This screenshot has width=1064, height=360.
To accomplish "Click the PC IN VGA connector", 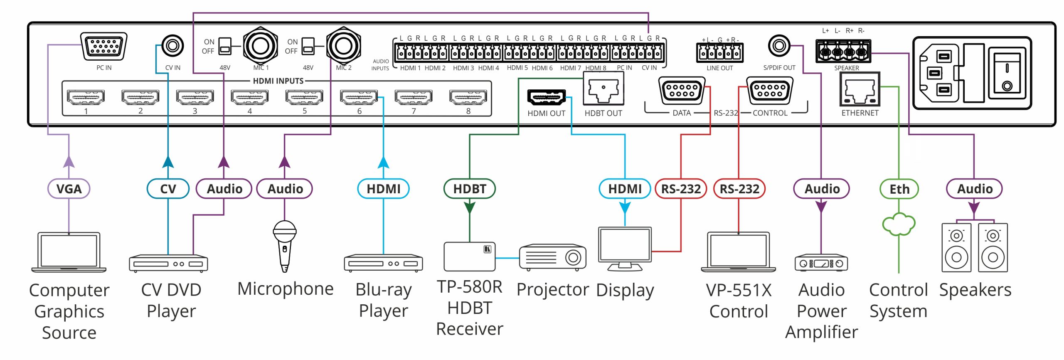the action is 104,47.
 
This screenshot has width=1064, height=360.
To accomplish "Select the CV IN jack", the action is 172,45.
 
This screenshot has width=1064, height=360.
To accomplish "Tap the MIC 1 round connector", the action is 261,46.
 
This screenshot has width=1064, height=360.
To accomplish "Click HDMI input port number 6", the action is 359,97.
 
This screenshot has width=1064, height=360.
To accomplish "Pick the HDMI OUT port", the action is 546,97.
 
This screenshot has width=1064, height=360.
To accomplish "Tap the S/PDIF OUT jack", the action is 779,46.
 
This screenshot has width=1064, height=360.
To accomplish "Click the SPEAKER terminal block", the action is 843,52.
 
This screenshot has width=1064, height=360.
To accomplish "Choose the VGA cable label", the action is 69,189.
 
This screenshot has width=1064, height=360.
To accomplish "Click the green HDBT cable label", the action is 469,189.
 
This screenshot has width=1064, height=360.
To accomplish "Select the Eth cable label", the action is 899,189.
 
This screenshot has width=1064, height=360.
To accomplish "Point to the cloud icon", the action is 899,224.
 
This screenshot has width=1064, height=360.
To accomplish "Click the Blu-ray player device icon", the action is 383,263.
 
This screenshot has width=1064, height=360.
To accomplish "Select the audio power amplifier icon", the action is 821,263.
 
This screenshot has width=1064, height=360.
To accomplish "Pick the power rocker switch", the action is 1007,74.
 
